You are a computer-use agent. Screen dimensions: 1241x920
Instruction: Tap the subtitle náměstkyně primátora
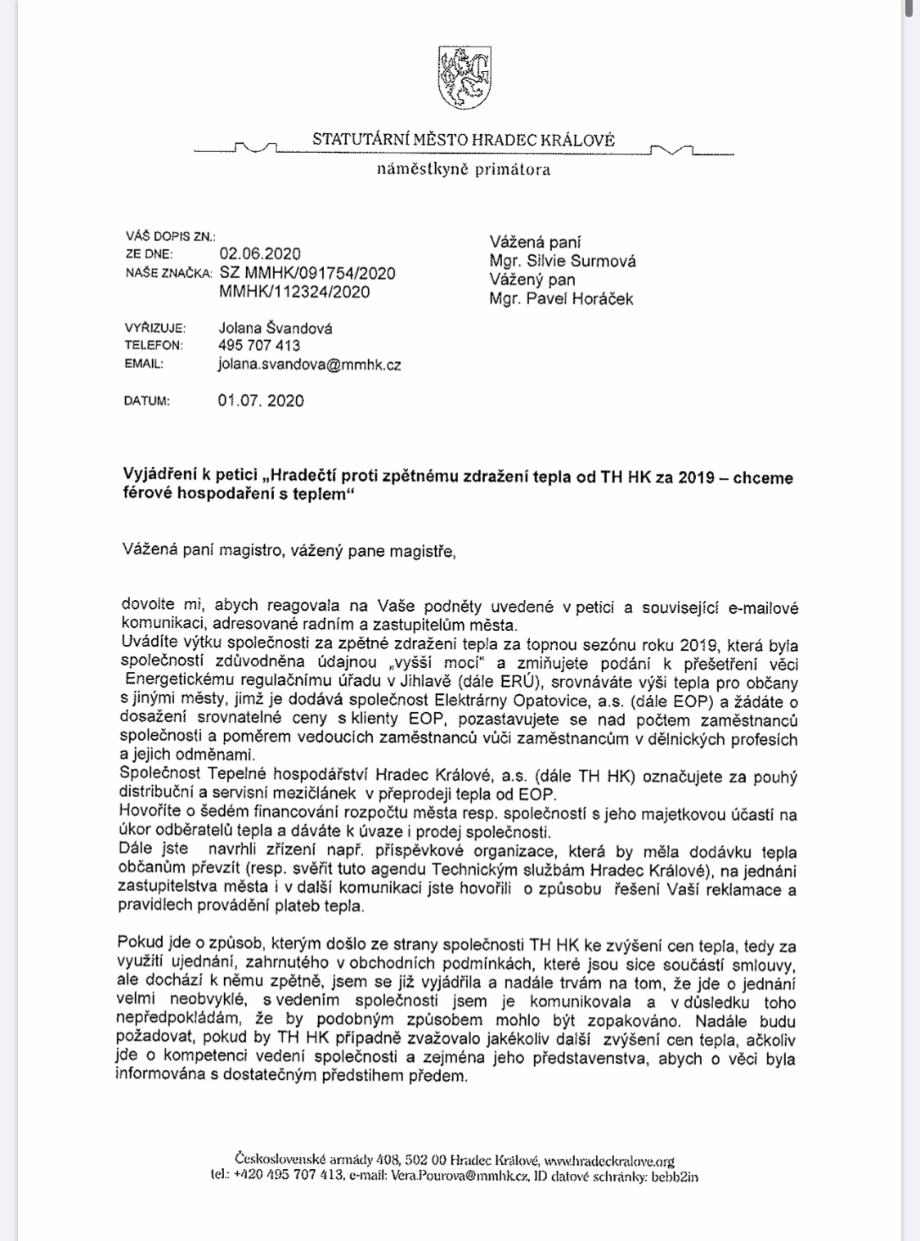[463, 170]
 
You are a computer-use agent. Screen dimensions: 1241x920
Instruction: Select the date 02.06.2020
[260, 254]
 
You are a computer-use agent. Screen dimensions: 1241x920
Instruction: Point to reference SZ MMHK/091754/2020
[307, 273]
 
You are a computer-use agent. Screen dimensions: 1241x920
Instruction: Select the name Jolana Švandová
[276, 328]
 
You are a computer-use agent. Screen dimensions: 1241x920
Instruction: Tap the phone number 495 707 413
[259, 346]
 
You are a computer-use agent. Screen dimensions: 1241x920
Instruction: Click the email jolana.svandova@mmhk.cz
[309, 365]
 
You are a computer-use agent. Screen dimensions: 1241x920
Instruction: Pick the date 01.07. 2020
[261, 401]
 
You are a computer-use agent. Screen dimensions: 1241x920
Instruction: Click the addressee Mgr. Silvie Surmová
[563, 262]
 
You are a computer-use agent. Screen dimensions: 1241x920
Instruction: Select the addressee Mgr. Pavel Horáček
[561, 299]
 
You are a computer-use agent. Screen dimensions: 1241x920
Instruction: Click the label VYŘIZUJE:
[155, 329]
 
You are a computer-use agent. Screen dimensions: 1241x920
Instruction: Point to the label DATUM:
[146, 401]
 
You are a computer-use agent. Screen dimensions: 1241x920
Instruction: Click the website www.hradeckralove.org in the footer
[609, 1161]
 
